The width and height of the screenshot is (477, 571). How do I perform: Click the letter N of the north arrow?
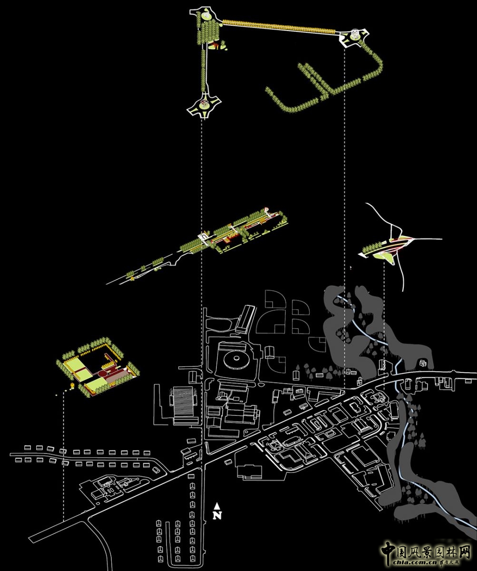pyautogui.click(x=217, y=515)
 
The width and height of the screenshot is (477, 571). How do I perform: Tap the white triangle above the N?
pyautogui.click(x=217, y=506)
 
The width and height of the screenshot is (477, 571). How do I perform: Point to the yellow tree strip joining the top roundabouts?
pyautogui.click(x=281, y=26)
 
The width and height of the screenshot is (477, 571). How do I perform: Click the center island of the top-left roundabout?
pyautogui.click(x=206, y=15)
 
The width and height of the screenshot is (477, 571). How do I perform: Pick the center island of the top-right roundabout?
pyautogui.click(x=354, y=36)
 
